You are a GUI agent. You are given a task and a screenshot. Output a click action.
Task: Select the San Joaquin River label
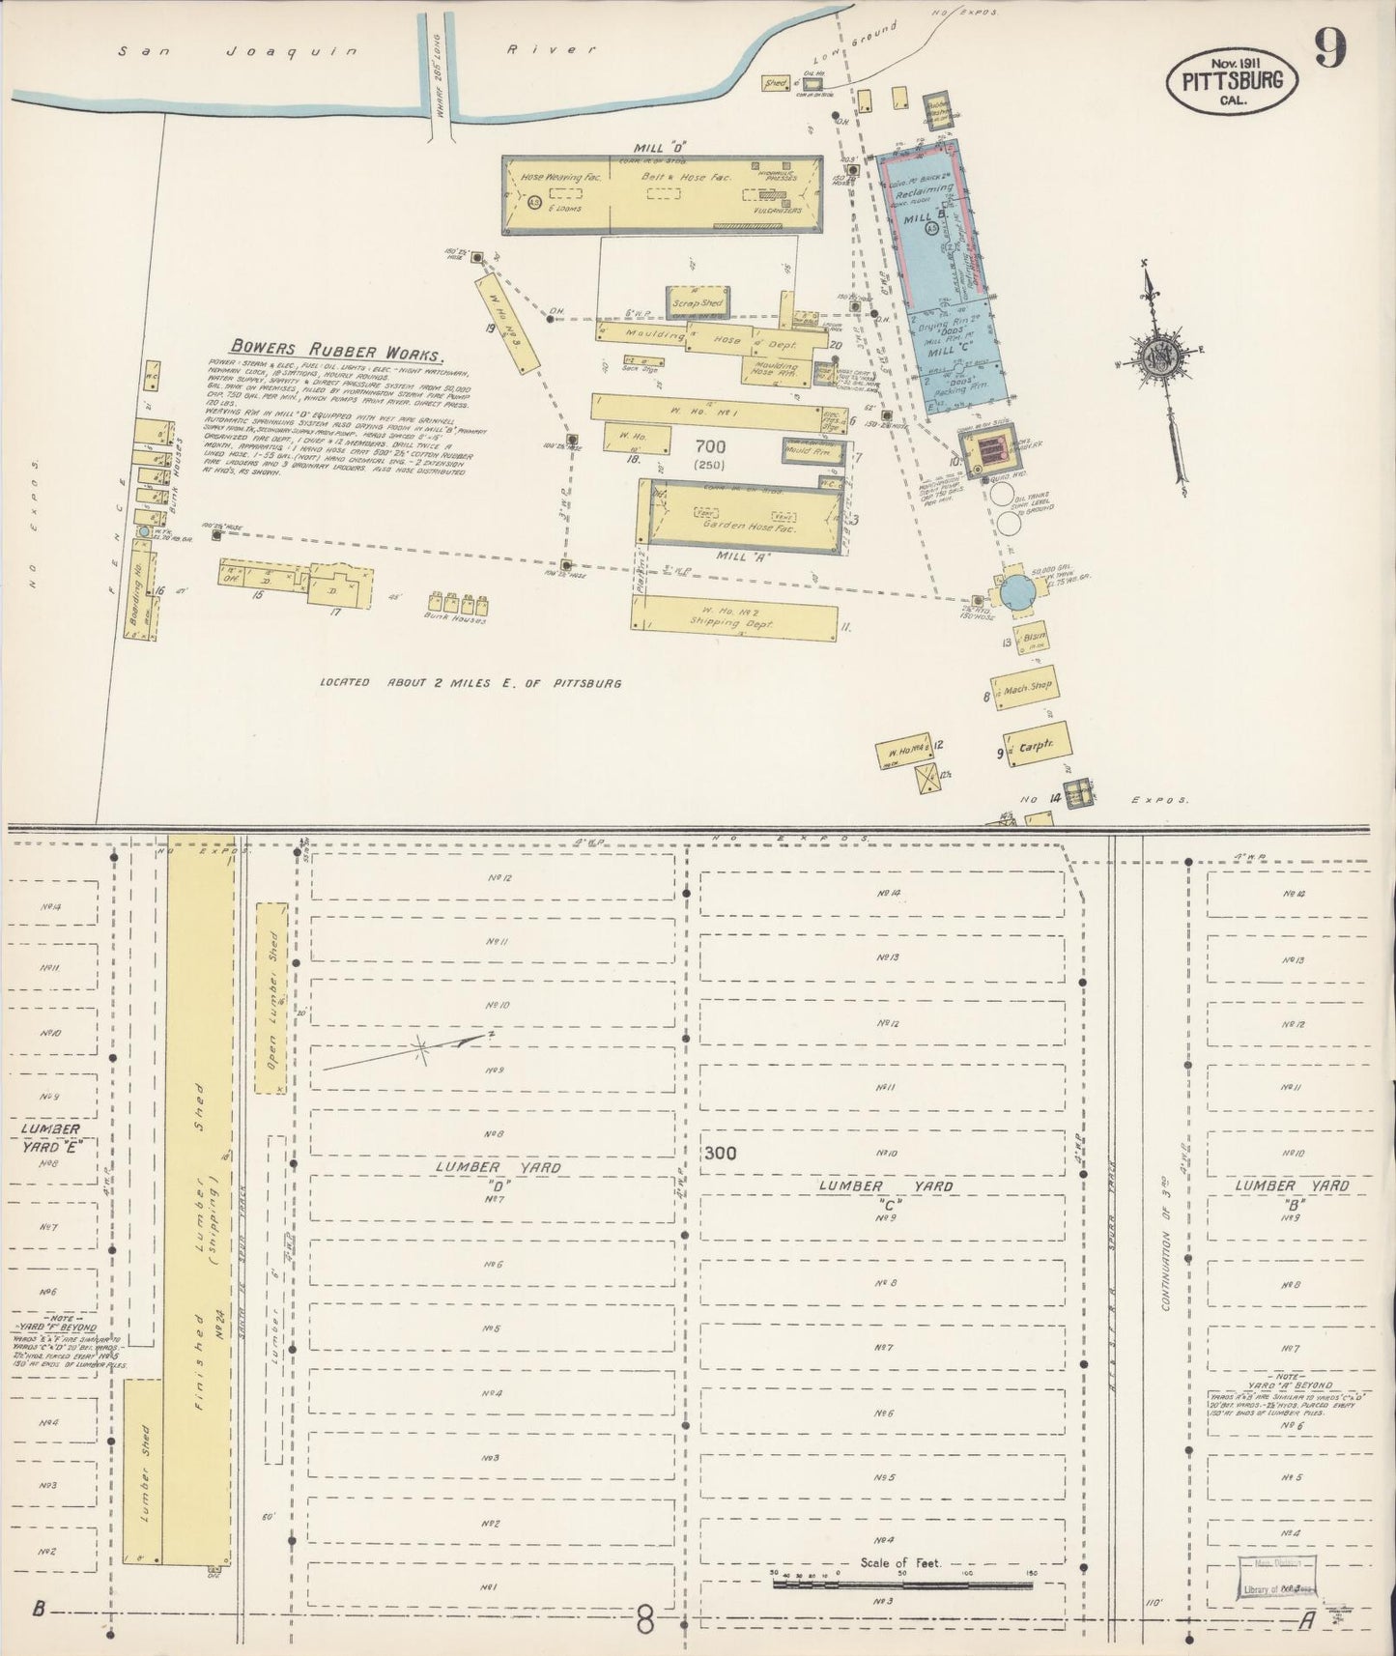point(357,51)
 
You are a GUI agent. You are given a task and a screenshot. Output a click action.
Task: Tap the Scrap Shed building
point(695,302)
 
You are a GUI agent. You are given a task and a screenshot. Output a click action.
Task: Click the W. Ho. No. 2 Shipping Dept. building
point(735,617)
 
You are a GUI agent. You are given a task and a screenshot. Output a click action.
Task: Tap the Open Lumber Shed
point(272,997)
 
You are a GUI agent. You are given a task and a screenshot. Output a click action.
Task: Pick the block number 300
point(720,1153)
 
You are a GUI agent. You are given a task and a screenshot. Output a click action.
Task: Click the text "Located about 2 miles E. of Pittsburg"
point(470,683)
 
